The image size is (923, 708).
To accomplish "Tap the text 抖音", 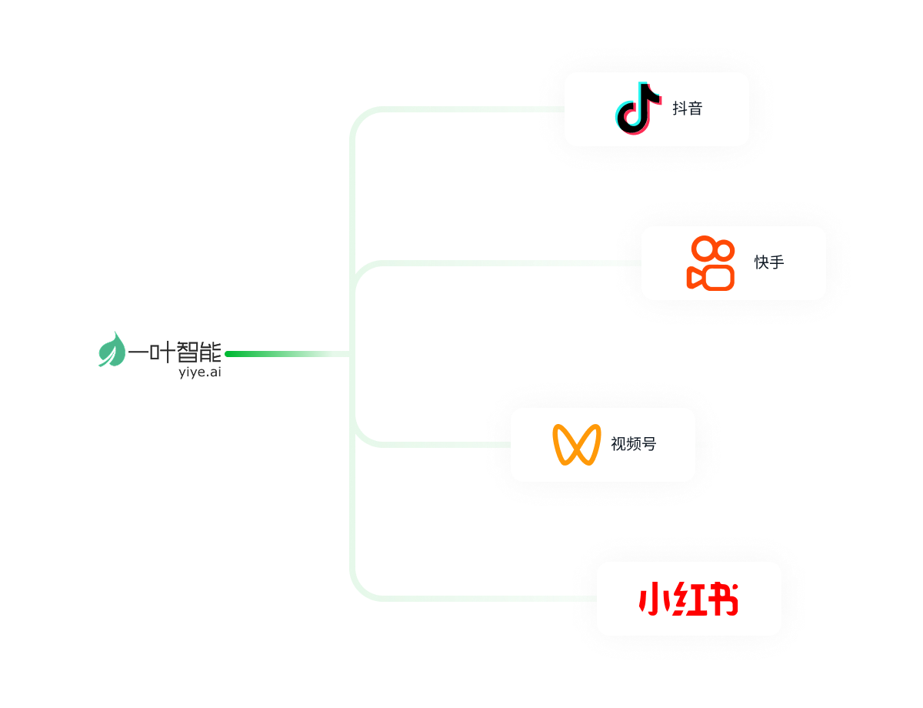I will (x=687, y=109).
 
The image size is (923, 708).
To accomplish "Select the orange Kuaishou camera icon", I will (x=711, y=263).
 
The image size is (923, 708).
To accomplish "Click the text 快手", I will (x=768, y=262).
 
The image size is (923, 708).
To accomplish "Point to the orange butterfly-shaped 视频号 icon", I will (x=576, y=444).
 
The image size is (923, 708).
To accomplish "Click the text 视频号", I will (x=633, y=444).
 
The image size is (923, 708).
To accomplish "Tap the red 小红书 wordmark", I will (x=688, y=599).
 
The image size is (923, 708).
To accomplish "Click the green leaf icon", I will (x=112, y=349).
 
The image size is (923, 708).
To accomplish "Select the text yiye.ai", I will (x=199, y=372).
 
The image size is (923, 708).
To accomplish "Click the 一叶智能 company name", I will (x=175, y=352).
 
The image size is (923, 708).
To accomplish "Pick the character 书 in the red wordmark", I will (x=722, y=599).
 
